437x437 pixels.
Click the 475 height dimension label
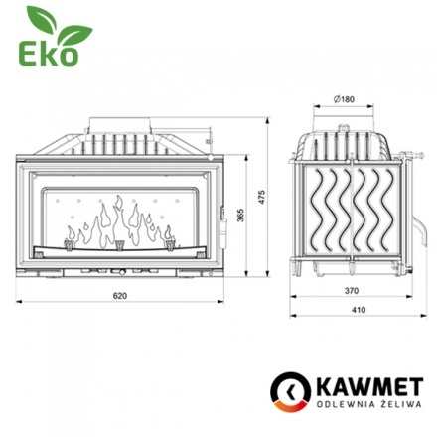pyautogui.click(x=262, y=197)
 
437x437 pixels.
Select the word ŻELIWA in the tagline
pyautogui.click(x=389, y=405)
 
